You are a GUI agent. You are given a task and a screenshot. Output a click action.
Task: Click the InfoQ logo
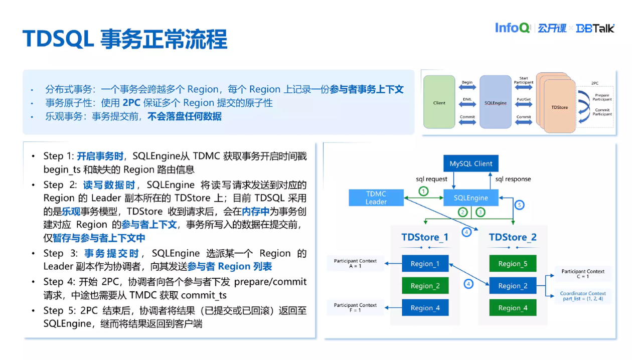(x=512, y=28)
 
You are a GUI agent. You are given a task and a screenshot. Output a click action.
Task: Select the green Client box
(x=439, y=103)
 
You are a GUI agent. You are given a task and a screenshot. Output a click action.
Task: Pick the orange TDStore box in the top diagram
(x=559, y=107)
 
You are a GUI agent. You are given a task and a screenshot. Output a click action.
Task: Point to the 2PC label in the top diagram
(x=595, y=83)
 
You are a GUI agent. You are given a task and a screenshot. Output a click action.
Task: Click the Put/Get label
(x=523, y=99)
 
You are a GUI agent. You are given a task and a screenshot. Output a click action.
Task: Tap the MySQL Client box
(x=470, y=163)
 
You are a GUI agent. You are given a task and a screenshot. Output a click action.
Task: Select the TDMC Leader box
(x=376, y=198)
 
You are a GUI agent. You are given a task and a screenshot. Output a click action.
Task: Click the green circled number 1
(x=424, y=191)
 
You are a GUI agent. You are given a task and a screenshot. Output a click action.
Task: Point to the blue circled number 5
(x=519, y=205)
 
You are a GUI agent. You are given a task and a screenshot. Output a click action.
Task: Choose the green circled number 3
(x=481, y=212)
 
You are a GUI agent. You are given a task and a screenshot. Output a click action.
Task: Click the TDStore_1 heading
(x=425, y=237)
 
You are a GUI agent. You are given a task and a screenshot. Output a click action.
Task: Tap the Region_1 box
(x=425, y=264)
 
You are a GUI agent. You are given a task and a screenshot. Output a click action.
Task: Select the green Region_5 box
(x=513, y=264)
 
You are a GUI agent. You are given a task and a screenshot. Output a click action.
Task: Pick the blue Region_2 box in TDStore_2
(x=513, y=286)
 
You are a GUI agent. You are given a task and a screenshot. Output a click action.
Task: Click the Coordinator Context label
(x=583, y=293)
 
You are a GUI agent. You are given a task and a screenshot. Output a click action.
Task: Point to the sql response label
(x=513, y=179)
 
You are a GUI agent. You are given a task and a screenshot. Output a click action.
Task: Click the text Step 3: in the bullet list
(x=60, y=254)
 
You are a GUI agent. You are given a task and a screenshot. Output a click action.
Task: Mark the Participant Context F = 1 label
(x=355, y=307)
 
